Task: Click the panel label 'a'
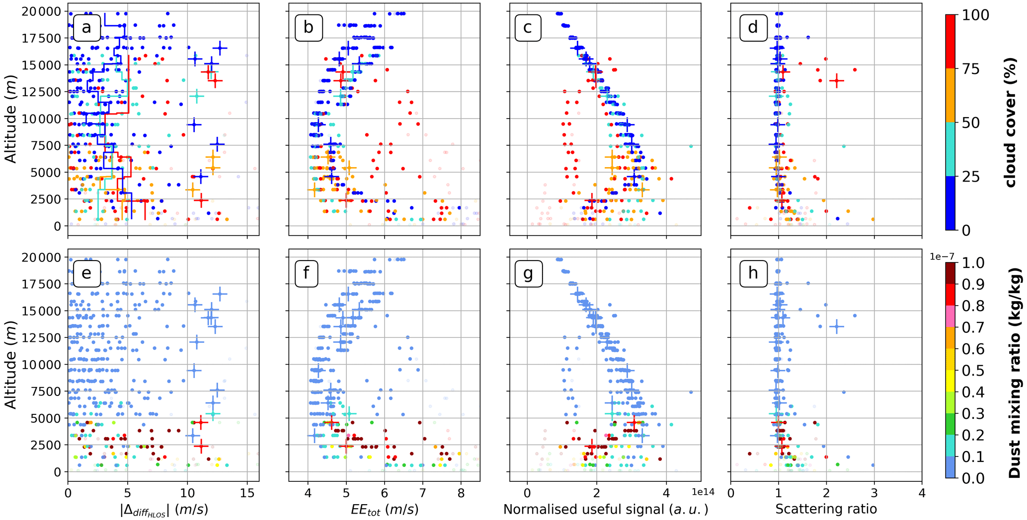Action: pos(86,27)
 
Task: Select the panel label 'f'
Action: pos(307,273)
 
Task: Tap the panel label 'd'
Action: pos(753,27)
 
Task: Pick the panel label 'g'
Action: pos(528,273)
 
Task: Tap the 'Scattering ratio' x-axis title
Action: pos(826,509)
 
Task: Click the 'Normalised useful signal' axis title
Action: pos(605,509)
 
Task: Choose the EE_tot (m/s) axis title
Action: pos(385,509)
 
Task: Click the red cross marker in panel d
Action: pos(837,80)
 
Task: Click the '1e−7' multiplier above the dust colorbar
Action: pos(942,257)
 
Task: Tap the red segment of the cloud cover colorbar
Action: pos(950,42)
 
